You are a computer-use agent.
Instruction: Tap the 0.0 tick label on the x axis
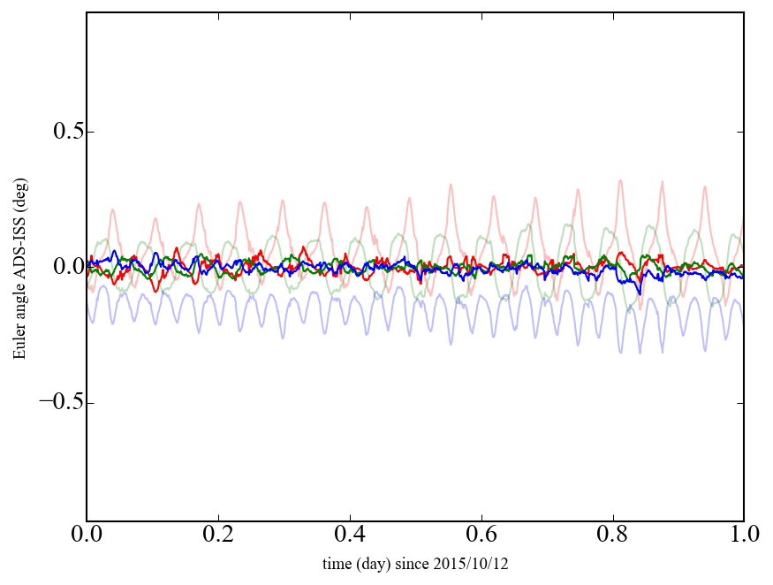(87, 536)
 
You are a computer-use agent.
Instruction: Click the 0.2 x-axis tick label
(218, 536)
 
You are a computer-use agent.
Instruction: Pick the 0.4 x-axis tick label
(350, 536)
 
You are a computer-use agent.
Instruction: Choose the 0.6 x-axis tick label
(481, 536)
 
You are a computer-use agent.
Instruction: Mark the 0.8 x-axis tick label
(612, 536)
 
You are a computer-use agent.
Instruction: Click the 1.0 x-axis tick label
(743, 536)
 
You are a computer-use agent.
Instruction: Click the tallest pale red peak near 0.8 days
(620, 181)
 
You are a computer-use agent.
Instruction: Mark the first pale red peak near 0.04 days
(112, 209)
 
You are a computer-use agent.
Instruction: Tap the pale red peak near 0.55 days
(451, 185)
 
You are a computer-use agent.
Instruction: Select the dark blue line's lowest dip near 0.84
(639, 292)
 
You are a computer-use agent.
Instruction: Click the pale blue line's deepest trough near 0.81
(620, 353)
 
